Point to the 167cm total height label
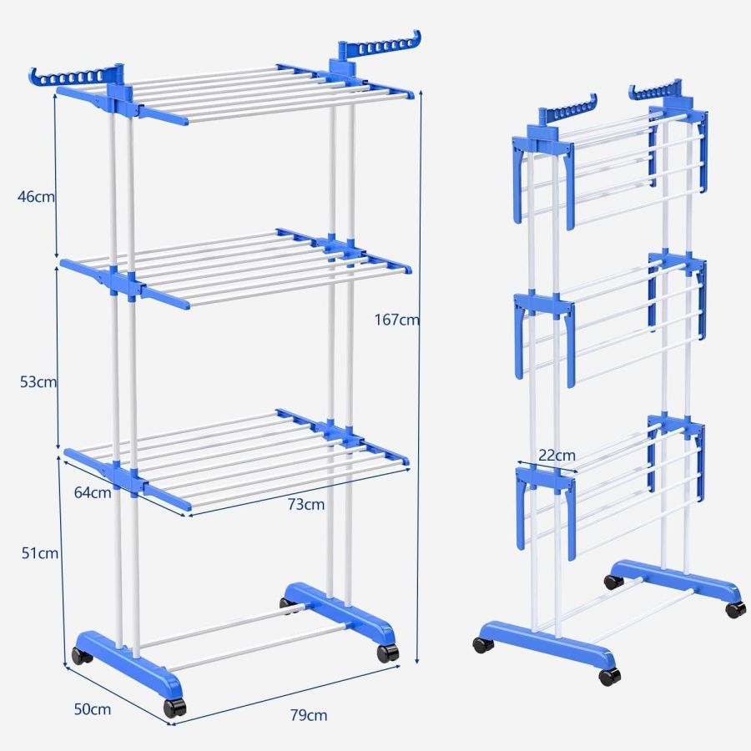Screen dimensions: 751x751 click(397, 319)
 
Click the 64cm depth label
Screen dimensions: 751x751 click(92, 492)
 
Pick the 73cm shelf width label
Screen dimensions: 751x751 click(307, 504)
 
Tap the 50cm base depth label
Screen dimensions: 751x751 click(92, 710)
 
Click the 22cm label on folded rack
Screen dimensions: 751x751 click(557, 456)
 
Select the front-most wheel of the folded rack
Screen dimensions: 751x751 click(609, 675)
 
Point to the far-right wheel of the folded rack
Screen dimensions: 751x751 click(735, 608)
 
